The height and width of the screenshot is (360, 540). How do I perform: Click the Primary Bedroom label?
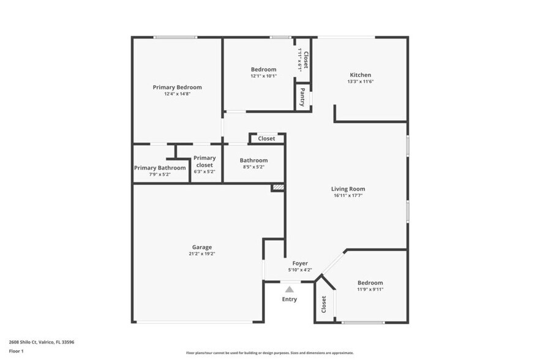pyautogui.click(x=177, y=88)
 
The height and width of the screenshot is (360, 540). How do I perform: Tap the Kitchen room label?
pyautogui.click(x=360, y=75)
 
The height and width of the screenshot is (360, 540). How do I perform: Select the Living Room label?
pyautogui.click(x=348, y=189)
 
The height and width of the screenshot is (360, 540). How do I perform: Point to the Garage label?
pyautogui.click(x=201, y=247)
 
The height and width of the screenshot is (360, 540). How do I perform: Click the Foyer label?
pyautogui.click(x=299, y=263)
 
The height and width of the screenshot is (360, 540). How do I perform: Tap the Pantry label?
pyautogui.click(x=302, y=98)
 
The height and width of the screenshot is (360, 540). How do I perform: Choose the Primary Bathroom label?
pyautogui.click(x=160, y=168)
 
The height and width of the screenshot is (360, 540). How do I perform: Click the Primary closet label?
pyautogui.click(x=204, y=162)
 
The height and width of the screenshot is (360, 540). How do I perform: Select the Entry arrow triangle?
pyautogui.click(x=289, y=289)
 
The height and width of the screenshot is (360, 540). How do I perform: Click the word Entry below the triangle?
pyautogui.click(x=289, y=299)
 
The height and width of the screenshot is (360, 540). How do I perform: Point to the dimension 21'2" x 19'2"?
pyautogui.click(x=201, y=253)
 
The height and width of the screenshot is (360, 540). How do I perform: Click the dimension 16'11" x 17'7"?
pyautogui.click(x=348, y=196)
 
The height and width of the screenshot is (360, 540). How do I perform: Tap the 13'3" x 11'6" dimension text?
pyautogui.click(x=360, y=81)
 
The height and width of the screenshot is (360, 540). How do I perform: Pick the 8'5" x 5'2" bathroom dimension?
pyautogui.click(x=253, y=167)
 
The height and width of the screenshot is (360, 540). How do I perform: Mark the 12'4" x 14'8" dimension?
pyautogui.click(x=177, y=94)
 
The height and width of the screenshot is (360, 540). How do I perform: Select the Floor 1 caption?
pyautogui.click(x=16, y=351)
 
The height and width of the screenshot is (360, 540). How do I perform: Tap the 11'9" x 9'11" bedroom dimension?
pyautogui.click(x=370, y=289)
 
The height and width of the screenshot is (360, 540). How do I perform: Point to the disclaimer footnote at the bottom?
pyautogui.click(x=269, y=353)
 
